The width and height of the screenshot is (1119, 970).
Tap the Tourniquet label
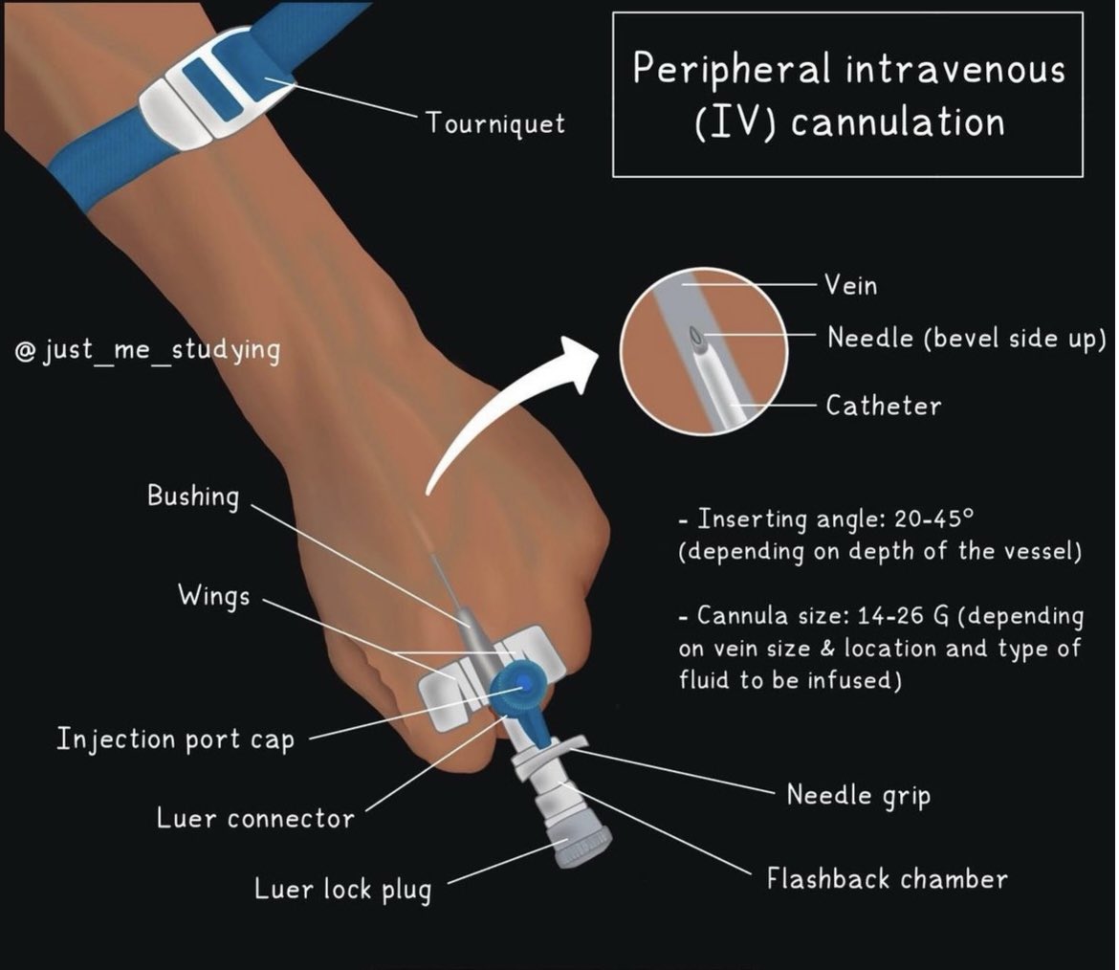coord(495,123)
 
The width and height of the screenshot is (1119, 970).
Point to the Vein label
coord(851,285)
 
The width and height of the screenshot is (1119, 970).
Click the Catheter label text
coord(883,406)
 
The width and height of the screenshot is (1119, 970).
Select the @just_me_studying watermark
coord(148,351)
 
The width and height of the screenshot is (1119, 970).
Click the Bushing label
coord(192,496)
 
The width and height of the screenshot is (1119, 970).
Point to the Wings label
coord(213,595)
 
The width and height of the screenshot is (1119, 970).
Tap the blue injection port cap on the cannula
coord(518,688)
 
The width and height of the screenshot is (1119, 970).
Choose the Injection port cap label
coord(175,739)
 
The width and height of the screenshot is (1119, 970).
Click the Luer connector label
coord(254,819)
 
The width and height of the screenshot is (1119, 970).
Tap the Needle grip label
coord(858,795)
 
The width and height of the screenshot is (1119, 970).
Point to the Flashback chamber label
coord(887,878)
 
